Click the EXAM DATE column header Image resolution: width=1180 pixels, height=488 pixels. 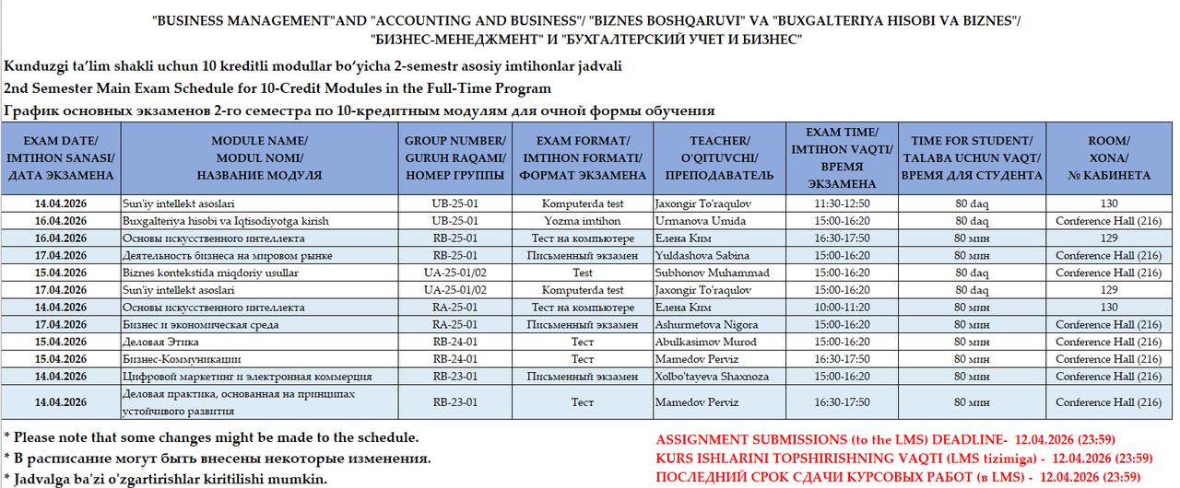pos(60,157)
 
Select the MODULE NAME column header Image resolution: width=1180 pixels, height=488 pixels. pos(260,157)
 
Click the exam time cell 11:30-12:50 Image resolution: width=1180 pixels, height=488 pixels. pos(843,203)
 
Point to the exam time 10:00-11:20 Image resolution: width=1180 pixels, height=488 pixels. pos(843,308)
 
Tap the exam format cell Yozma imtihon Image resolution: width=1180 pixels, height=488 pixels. pos(582,221)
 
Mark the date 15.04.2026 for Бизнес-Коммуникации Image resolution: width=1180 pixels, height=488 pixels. pos(60,359)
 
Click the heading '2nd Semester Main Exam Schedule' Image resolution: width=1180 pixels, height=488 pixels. pos(277,88)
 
